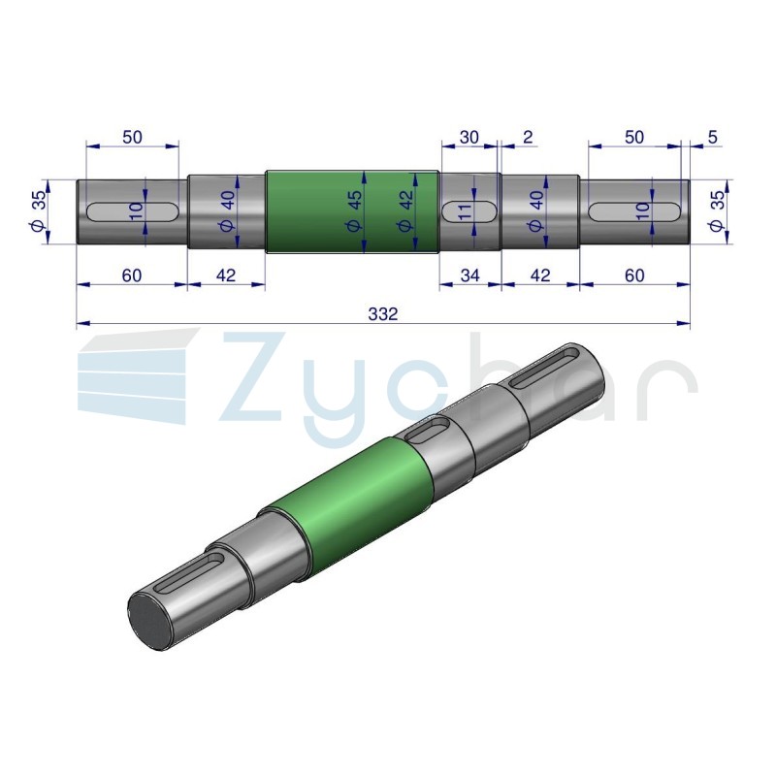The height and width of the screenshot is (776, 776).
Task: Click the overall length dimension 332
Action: tap(383, 313)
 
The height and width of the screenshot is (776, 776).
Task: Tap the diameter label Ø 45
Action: tap(355, 211)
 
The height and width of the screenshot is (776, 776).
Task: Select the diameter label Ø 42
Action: tap(405, 211)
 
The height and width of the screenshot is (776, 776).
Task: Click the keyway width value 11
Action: tap(465, 212)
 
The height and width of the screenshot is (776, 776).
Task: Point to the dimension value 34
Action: tap(469, 275)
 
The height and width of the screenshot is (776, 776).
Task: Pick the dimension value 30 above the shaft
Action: tap(469, 137)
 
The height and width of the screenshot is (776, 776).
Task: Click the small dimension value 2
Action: tap(528, 137)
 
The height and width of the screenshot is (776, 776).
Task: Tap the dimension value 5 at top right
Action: tap(713, 137)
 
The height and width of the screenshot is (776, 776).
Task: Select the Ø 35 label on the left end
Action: tap(38, 211)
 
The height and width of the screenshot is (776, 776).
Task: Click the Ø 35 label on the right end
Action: tap(717, 211)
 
